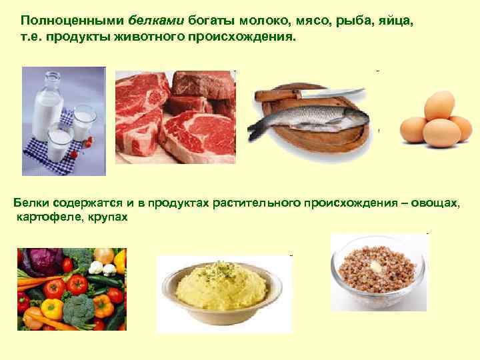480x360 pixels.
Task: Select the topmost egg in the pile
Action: pos(440,105)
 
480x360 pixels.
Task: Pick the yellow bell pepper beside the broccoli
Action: pos(53,307)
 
